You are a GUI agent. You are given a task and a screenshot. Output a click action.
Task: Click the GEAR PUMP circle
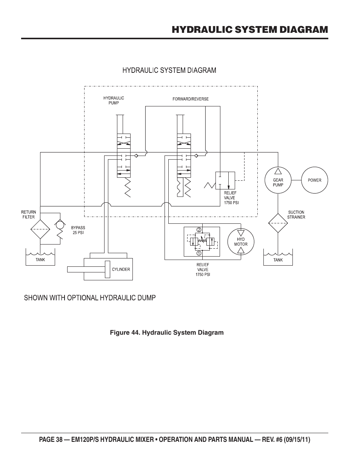278,180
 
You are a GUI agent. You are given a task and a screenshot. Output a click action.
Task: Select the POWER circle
314,180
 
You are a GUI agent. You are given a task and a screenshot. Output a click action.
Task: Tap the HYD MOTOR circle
241,242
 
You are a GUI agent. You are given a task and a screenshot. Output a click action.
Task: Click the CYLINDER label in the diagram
121,269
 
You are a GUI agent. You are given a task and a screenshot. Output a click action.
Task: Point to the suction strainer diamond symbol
278,223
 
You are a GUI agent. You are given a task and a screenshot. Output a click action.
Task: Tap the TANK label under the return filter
40,260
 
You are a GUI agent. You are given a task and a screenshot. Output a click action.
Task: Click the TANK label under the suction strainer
278,260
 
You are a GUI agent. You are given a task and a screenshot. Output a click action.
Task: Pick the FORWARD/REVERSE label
190,99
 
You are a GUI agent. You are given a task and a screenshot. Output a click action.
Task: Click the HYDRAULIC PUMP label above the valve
114,100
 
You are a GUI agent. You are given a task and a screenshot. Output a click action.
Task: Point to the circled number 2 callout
198,230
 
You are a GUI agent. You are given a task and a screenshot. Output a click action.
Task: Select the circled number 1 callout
198,254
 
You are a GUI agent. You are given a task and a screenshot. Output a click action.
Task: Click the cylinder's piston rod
86,269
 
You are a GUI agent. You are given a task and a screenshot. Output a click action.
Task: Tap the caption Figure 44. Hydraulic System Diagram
166,332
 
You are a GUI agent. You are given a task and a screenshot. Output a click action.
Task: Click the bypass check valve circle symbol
59,225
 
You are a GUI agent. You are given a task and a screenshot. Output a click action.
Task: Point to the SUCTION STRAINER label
296,215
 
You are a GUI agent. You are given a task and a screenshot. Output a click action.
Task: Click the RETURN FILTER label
28,214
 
